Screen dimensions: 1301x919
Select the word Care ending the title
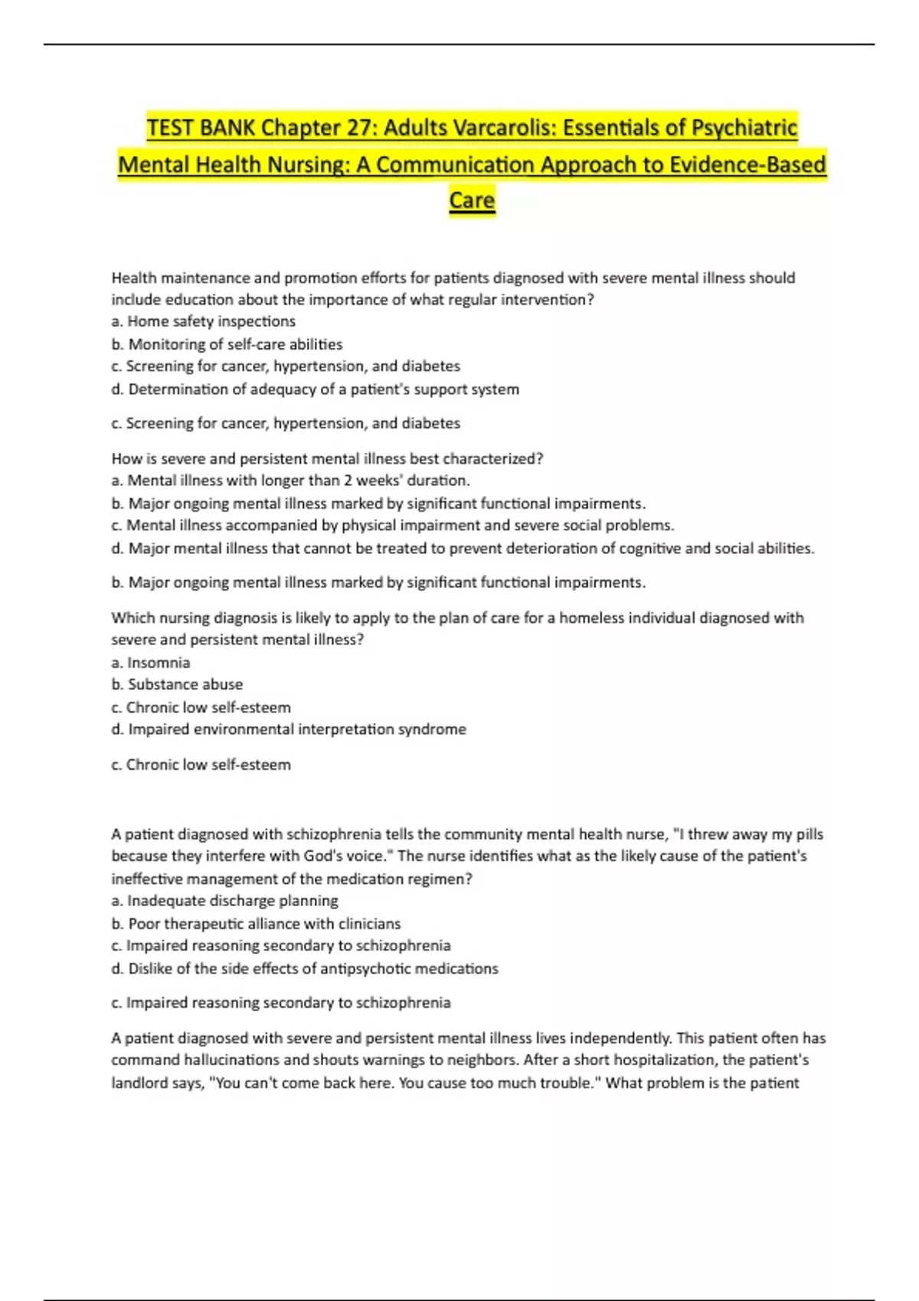pyautogui.click(x=472, y=201)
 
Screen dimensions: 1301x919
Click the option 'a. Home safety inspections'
pyautogui.click(x=204, y=321)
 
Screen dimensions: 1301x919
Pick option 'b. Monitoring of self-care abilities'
pyautogui.click(x=227, y=344)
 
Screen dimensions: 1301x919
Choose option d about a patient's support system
pyautogui.click(x=315, y=389)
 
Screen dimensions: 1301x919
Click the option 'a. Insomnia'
pyautogui.click(x=151, y=662)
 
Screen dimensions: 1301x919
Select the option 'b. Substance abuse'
pyautogui.click(x=177, y=684)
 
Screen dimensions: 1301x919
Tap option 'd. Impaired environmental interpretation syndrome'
pyautogui.click(x=289, y=729)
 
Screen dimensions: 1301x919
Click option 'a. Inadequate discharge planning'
pyautogui.click(x=224, y=901)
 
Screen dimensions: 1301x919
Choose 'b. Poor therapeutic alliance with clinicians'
pyautogui.click(x=256, y=924)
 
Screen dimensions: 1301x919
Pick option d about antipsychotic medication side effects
pyautogui.click(x=305, y=968)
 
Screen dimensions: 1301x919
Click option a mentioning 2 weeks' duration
pyautogui.click(x=290, y=481)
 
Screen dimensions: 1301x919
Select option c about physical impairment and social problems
pyautogui.click(x=393, y=525)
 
